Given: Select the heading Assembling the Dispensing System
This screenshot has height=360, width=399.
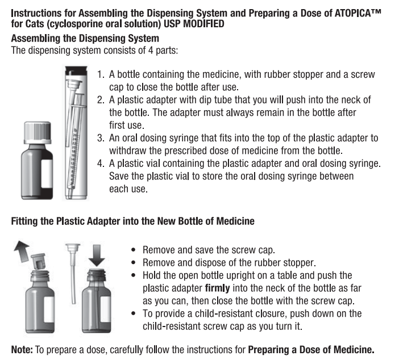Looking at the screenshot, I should pos(85,39).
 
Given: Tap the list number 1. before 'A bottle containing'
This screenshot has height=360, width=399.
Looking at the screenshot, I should pos(101,75).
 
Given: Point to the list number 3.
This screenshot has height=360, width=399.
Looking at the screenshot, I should pos(101,138).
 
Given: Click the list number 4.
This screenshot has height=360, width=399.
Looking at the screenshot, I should pos(101,164).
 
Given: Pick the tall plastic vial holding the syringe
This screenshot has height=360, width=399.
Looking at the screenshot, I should pos(74,133).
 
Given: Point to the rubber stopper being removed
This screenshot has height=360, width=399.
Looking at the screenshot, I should pos(39,263).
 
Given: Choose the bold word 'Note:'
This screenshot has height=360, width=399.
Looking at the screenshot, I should pos(22,349).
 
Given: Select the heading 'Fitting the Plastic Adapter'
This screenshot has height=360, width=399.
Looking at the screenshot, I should pos(132,221).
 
